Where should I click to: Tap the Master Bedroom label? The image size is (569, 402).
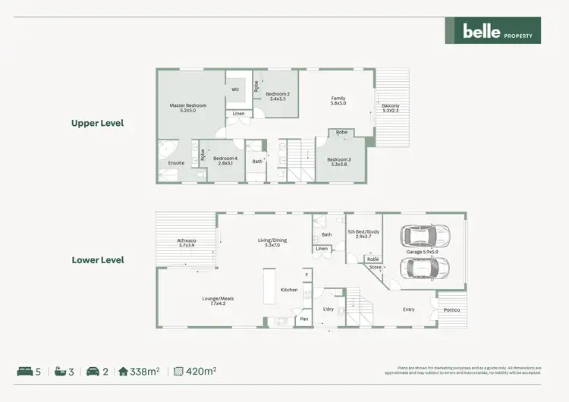coord(187,107)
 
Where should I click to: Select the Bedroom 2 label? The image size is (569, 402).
coord(277,96)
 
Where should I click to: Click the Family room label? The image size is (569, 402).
coord(338,100)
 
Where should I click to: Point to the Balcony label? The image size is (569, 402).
coord(391,108)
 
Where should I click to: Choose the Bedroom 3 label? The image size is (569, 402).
coord(341,162)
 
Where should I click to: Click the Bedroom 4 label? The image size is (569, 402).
coord(224,161)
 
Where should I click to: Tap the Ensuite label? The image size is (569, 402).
coord(176,163)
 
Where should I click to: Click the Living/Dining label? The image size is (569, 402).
coord(273,243)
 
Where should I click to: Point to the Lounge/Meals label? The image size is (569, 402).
coord(218,300)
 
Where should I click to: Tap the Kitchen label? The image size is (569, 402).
coord(289,291)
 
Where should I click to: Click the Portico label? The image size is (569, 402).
coord(451,309)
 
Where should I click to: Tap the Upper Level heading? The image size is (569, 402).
coord(97,123)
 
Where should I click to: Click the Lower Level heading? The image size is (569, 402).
coord(97,260)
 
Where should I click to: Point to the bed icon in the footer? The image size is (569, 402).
coord(25,372)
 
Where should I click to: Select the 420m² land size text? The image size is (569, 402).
coord(201,372)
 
